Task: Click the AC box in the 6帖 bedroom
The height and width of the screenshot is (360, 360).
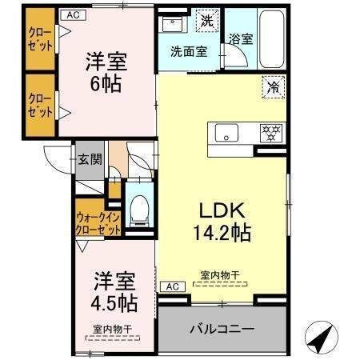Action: coord(73,15)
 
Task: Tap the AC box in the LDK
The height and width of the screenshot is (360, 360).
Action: coord(173,286)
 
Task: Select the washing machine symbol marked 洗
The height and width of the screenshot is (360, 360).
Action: coord(207,21)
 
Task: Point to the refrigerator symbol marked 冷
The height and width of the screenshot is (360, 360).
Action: coord(274,87)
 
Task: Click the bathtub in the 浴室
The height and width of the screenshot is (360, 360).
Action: coord(271,39)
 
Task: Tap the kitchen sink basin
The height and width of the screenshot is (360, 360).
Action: coord(226,133)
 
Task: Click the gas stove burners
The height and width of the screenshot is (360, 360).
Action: coord(271,133)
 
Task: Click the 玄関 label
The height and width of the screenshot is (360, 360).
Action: coord(90,160)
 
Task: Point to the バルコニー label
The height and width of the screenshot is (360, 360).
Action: coord(222,329)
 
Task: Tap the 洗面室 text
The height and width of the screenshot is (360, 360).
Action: coord(189,51)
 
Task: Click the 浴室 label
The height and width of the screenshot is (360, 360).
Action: coord(241,39)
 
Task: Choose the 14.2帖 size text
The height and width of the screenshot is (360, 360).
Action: coord(222,233)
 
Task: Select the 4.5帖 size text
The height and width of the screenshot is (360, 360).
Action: coord(114,303)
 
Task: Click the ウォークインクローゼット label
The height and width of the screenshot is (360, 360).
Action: coord(98,223)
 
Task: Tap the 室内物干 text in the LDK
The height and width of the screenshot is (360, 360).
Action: coord(220,275)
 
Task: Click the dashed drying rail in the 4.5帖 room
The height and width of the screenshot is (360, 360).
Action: coord(113,338)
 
